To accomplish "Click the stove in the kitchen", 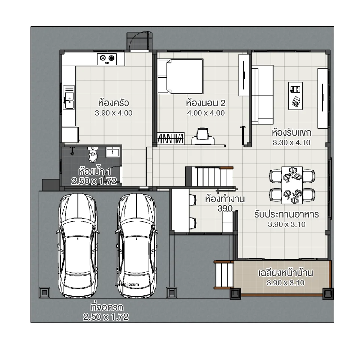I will click(107, 58).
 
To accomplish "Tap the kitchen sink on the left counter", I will click(69, 97).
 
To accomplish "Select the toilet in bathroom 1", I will click(92, 153).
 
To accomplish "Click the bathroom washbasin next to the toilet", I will click(112, 152).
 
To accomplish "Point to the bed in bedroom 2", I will click(180, 76).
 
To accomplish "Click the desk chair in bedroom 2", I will click(203, 136).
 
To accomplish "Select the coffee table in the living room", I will click(295, 96).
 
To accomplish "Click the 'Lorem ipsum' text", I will click(126, 284).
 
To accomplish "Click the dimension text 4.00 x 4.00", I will click(205, 112).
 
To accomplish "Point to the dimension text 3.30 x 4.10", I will click(291, 142).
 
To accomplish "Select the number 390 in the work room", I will click(225, 208).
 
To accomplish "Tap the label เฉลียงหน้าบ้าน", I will click(286, 273).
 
